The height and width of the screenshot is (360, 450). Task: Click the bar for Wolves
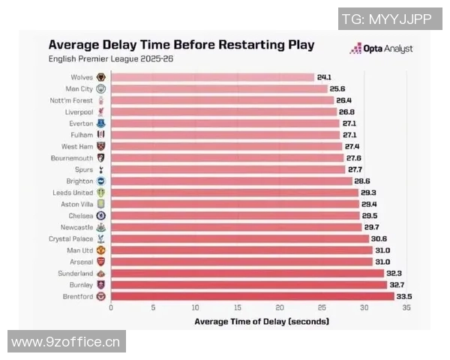(212, 77)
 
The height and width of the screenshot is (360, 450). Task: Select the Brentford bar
(252, 296)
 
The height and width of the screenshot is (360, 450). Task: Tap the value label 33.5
(405, 296)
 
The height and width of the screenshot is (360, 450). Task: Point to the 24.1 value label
(324, 77)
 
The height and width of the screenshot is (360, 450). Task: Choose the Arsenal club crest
(101, 262)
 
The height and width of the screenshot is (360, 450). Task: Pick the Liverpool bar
(223, 112)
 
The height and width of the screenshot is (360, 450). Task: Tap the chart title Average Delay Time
(181, 43)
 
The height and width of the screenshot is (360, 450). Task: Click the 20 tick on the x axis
(280, 307)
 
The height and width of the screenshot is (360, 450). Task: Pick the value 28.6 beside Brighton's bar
(361, 181)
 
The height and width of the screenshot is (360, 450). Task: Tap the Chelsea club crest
(101, 215)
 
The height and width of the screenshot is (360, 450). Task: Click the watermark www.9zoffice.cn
(66, 342)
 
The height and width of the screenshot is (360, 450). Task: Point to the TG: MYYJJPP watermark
(386, 19)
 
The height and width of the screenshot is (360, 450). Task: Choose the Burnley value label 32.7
(398, 285)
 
